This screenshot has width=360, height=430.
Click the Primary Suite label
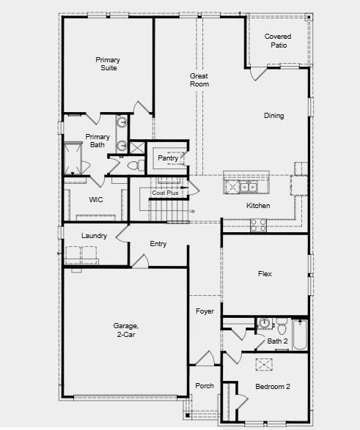coord(106,64)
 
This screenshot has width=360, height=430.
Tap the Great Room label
coord(199,80)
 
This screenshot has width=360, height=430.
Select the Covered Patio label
coord(278,41)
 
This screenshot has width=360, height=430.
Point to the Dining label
coord(274,116)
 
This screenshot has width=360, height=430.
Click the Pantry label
coord(168,157)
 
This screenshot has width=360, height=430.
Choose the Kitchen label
coord(258,206)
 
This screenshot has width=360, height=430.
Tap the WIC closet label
coord(96,199)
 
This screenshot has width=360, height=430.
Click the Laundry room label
coord(95,236)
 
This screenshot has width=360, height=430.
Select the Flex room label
coord(265,275)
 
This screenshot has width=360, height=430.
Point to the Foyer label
coord(205,311)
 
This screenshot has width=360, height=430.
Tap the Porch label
coord(204,386)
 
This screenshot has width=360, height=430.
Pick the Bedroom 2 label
coord(273,386)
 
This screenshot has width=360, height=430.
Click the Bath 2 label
coord(277,341)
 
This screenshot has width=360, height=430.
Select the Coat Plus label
coord(165,193)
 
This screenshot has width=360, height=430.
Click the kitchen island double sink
coord(246,188)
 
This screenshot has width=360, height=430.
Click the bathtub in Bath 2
coord(299,335)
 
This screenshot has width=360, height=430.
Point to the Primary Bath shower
coord(74,157)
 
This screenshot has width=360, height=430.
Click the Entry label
coord(158,244)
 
